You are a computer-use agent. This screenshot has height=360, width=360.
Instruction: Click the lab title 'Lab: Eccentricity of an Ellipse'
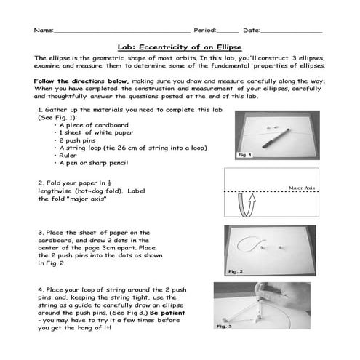pyautogui.click(x=180, y=44)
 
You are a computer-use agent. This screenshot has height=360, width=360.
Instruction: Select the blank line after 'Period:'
pyautogui.click(x=228, y=32)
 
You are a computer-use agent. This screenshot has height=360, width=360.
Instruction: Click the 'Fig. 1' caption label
pyautogui.click(x=245, y=155)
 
